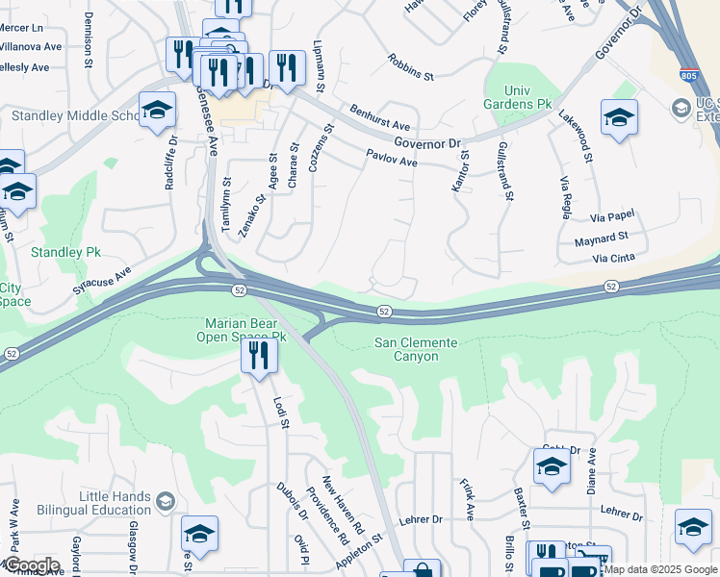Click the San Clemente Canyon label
tap(415, 350)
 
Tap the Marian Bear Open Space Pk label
tap(244, 330)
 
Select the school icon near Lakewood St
tap(619, 117)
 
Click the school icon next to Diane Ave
tap(552, 466)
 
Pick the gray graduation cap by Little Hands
tap(165, 501)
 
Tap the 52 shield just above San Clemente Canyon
tap(384, 311)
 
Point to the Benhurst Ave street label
tap(380, 119)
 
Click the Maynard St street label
tap(602, 238)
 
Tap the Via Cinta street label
tap(614, 258)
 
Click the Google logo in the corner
tap(32, 564)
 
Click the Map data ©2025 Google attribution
tap(660, 569)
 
